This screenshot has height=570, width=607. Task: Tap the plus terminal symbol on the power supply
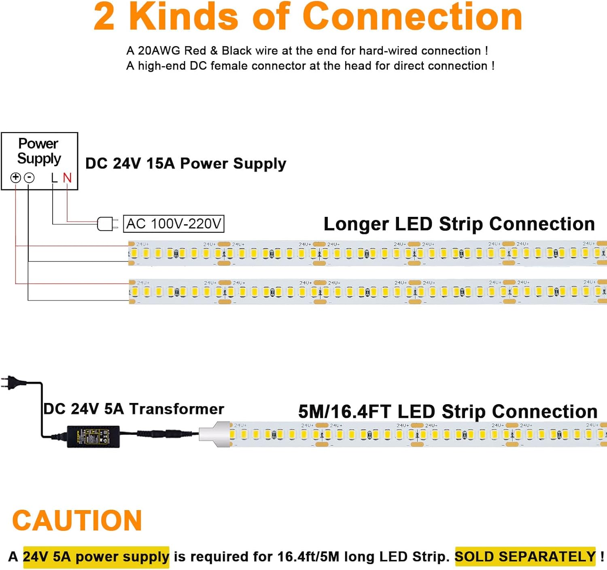tap(15, 177)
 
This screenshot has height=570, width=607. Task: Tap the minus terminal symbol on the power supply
tap(29, 178)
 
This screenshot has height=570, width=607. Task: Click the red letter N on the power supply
tap(67, 178)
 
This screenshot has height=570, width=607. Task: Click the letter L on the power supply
tap(54, 178)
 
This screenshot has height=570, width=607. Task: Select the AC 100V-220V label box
tap(174, 224)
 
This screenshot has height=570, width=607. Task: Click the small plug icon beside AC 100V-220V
tap(107, 224)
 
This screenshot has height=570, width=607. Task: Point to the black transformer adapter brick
tap(93, 436)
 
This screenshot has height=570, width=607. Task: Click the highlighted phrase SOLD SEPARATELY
tap(525, 557)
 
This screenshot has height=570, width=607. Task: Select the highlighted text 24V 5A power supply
tap(96, 557)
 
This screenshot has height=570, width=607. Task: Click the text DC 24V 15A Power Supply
tap(186, 163)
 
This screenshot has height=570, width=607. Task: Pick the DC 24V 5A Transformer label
tap(134, 409)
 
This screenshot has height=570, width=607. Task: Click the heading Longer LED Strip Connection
tap(459, 224)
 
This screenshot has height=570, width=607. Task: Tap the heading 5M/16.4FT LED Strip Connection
tap(448, 411)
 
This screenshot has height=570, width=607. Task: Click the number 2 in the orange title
tap(104, 17)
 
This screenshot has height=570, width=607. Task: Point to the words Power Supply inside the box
tap(39, 151)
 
